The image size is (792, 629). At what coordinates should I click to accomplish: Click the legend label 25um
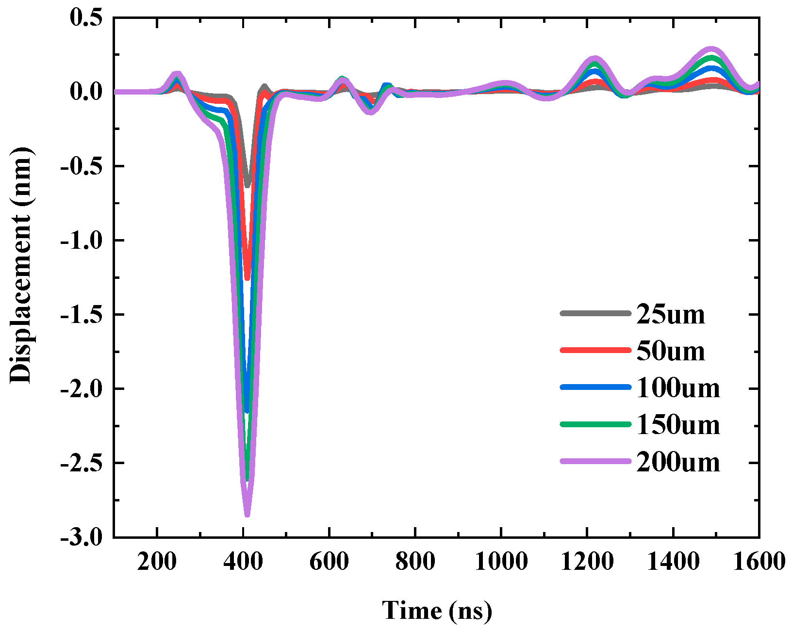coord(670,314)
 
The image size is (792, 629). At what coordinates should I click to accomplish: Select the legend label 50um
coord(670,351)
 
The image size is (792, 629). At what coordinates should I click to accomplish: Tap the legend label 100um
coord(677,388)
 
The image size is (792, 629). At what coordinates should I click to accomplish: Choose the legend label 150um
coord(677,425)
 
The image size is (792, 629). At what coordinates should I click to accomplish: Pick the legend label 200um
coord(677,462)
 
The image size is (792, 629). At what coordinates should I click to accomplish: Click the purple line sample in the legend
coord(595,461)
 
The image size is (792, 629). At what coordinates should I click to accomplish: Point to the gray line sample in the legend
coord(595,313)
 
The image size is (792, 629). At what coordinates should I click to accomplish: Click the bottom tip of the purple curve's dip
coord(247,515)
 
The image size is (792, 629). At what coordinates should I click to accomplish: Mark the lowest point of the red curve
coord(247,278)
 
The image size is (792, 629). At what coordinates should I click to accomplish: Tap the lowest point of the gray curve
coord(247,185)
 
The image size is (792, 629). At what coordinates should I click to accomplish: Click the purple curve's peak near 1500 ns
coord(711,49)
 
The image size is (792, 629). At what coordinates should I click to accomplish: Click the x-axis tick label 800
coord(415,562)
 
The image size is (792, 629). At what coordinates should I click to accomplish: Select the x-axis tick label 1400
coord(673,562)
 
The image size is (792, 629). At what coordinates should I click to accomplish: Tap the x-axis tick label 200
coord(156,562)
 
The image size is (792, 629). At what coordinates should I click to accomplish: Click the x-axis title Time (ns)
coord(437,610)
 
